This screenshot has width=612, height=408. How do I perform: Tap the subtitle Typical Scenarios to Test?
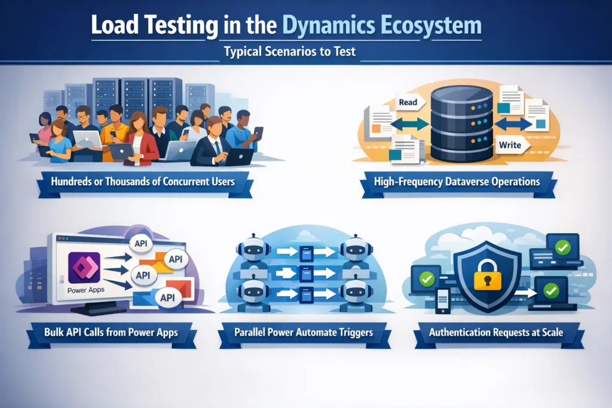click(x=290, y=52)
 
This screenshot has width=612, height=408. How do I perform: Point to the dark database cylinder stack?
click(x=461, y=123)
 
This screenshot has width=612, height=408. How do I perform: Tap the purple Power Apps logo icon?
click(x=84, y=268)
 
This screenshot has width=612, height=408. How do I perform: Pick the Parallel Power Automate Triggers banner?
click(x=305, y=332)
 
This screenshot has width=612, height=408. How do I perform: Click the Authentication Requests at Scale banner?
click(x=495, y=332)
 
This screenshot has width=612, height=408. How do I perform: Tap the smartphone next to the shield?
click(x=443, y=300)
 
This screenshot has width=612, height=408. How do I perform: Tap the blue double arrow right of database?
click(x=513, y=124)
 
